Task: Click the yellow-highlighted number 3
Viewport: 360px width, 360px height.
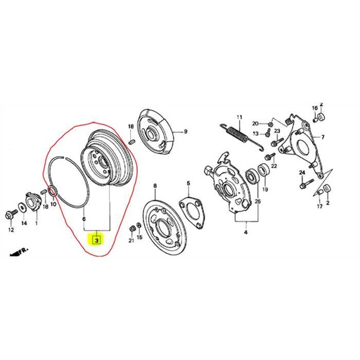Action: tap(96, 240)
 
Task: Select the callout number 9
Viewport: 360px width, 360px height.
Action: tap(186, 131)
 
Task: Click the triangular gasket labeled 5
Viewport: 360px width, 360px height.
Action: tap(192, 212)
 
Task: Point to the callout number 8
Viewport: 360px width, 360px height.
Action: tap(155, 186)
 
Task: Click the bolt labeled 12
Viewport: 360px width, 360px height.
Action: tap(11, 215)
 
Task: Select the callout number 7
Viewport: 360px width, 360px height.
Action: tap(323, 137)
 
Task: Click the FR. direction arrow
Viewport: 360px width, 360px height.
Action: tap(19, 252)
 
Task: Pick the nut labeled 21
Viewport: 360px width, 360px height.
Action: tap(131, 229)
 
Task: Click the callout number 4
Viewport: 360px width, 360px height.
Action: tap(245, 233)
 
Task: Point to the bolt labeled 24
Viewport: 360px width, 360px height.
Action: tap(306, 184)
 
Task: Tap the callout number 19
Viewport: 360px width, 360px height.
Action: tap(265, 189)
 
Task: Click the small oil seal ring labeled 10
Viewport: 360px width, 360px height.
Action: tap(53, 191)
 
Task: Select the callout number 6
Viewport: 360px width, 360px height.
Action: tap(84, 219)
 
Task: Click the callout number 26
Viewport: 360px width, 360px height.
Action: tap(257, 202)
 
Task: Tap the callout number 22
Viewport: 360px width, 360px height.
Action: tap(274, 166)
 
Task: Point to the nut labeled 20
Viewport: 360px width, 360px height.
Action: tap(270, 124)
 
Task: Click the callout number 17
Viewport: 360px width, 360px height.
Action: tap(320, 206)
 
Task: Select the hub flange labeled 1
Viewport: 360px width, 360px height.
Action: tap(33, 202)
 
